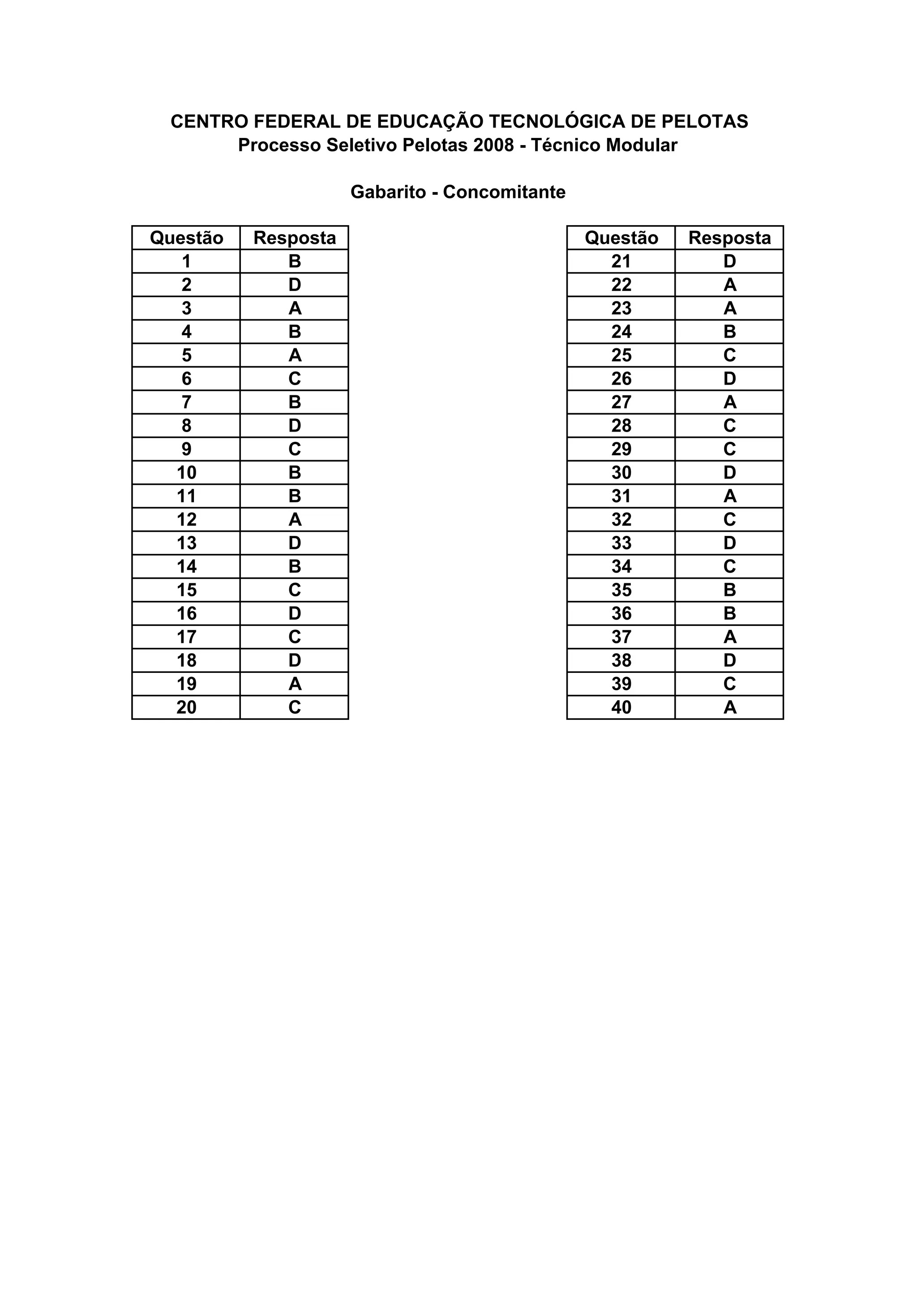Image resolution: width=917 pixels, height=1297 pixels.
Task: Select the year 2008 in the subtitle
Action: tap(493, 145)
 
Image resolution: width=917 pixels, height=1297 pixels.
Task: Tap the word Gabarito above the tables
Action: tap(388, 192)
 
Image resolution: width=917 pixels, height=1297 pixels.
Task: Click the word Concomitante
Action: tap(504, 192)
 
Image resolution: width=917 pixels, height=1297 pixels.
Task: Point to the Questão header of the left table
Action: tap(186, 238)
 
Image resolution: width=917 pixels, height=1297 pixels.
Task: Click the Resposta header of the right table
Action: tap(729, 238)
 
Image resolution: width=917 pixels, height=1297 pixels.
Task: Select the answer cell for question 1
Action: tap(294, 261)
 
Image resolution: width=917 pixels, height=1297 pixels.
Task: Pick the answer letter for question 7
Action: tap(294, 402)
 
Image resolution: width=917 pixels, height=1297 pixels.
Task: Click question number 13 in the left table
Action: tap(186, 543)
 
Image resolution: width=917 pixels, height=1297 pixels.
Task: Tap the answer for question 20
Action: tap(294, 707)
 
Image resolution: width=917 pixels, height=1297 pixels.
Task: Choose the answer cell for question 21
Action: tap(729, 261)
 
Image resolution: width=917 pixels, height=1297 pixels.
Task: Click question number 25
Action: tap(621, 355)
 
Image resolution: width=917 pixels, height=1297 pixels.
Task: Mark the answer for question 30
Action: tap(729, 473)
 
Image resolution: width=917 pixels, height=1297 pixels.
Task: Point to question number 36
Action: tap(621, 613)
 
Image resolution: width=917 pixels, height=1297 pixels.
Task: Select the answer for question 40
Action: tap(729, 707)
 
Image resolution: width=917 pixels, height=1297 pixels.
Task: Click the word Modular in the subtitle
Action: tap(641, 145)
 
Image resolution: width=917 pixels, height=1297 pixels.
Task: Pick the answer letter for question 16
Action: tap(294, 613)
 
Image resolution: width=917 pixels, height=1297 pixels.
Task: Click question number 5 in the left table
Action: tap(186, 355)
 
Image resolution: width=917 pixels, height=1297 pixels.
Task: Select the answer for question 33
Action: tap(729, 543)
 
